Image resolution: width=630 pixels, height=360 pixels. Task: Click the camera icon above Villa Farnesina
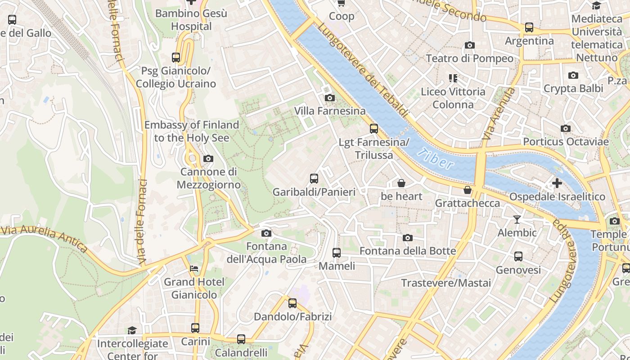(329, 98)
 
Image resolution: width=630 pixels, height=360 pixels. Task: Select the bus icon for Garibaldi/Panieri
(314, 179)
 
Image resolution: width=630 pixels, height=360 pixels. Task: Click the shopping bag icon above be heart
(401, 183)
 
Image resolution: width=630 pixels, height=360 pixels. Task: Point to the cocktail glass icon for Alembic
(517, 220)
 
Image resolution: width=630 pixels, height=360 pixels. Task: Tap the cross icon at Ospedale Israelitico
(557, 183)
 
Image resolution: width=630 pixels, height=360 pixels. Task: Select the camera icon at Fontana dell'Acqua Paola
(266, 233)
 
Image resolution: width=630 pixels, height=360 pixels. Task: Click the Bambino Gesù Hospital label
(191, 20)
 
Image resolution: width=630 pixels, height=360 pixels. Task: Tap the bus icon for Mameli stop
(337, 253)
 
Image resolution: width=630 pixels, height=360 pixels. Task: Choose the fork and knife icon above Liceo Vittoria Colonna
(453, 78)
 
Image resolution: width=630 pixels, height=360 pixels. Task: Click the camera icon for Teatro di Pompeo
(469, 45)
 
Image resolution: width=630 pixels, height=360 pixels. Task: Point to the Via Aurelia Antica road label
(44, 238)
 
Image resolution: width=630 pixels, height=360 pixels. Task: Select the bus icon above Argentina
(529, 27)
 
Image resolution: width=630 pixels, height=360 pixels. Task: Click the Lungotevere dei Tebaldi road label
(362, 70)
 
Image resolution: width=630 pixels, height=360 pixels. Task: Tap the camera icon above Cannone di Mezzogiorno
(208, 158)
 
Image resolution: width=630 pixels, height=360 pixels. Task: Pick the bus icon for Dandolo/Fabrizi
(292, 303)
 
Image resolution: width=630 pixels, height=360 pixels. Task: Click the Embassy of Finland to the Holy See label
(191, 131)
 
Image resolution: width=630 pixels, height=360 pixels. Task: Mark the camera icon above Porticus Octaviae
(566, 129)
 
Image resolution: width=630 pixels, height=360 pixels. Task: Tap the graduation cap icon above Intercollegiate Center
(131, 330)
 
